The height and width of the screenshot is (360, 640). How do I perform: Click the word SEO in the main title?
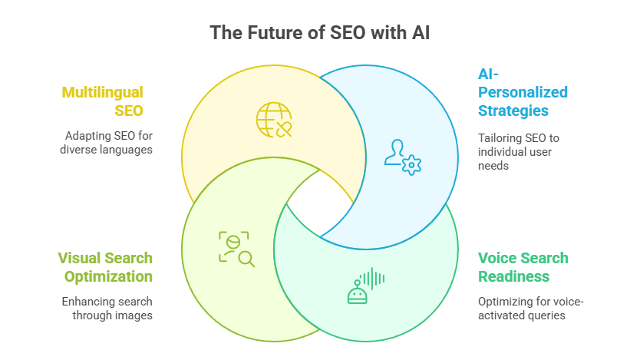tap(348, 33)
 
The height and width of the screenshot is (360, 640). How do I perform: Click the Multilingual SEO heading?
tap(103, 101)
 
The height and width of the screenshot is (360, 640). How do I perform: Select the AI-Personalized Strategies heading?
tap(523, 92)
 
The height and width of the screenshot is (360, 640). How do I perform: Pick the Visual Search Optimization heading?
tap(105, 267)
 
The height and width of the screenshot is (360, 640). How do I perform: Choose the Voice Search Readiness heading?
tap(523, 267)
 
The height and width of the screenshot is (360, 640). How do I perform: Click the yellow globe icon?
tap(274, 120)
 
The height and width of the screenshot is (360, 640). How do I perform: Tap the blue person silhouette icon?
tap(394, 152)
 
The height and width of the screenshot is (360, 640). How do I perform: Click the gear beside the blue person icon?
tap(411, 165)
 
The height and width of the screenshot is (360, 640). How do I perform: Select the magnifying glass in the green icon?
tap(246, 259)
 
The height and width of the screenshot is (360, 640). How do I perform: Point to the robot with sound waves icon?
tap(366, 286)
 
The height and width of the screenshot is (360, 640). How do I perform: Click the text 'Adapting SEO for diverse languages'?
tap(106, 143)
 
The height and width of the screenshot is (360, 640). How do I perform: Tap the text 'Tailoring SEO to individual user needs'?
tap(518, 152)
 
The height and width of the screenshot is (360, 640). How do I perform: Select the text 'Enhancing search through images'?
tap(107, 308)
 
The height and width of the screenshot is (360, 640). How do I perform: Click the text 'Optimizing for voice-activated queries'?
tap(530, 308)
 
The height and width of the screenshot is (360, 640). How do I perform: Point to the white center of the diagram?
tap(320, 203)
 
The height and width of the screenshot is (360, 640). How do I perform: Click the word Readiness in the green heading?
tap(514, 276)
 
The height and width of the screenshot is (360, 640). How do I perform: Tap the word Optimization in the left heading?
tap(108, 277)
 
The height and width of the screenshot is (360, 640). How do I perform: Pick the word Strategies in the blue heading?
tap(513, 111)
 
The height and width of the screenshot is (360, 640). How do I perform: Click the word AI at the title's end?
tap(421, 33)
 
